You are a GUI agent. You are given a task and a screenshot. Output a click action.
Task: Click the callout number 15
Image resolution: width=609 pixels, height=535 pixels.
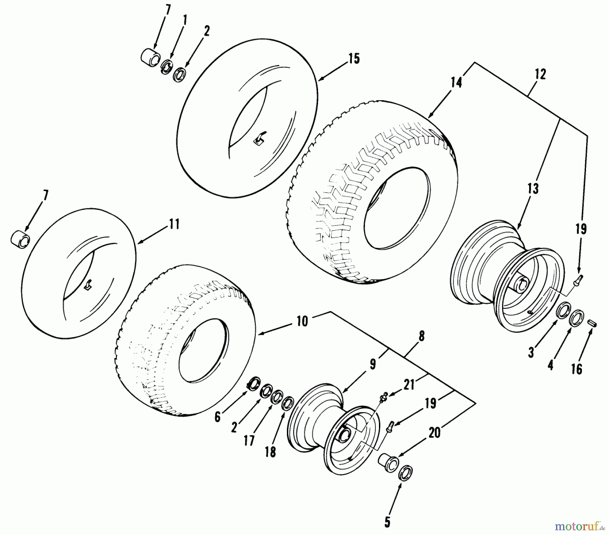(x=354, y=59)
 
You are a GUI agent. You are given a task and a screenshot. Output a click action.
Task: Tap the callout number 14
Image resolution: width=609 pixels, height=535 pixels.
(x=456, y=83)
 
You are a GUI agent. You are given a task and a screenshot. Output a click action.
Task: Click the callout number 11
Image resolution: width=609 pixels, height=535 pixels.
(x=174, y=224)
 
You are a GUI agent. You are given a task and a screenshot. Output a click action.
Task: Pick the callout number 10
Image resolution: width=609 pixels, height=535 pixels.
(x=302, y=321)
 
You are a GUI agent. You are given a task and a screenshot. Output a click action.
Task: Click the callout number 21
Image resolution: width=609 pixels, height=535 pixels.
(x=409, y=385)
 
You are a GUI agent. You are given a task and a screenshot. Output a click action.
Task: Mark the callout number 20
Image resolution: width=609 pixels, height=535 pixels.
(x=434, y=433)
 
